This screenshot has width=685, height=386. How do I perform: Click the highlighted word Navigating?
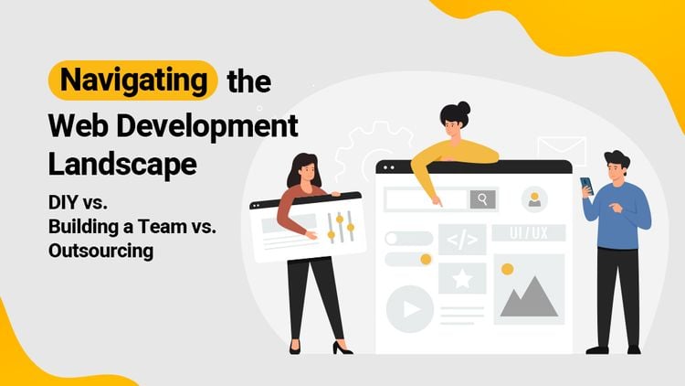133,80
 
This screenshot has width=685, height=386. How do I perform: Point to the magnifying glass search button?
482,198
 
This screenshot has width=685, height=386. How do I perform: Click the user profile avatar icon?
534,198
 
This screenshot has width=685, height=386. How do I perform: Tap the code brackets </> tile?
462,240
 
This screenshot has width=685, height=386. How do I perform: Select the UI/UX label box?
529,233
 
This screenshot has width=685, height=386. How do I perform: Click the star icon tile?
462,277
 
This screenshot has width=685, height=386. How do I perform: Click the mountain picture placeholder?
529,291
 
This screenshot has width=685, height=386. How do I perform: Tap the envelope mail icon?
561,150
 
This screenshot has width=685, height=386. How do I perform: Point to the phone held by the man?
587,185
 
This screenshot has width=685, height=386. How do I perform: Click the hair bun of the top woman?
462,108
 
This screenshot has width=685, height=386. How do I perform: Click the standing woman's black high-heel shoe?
342,348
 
